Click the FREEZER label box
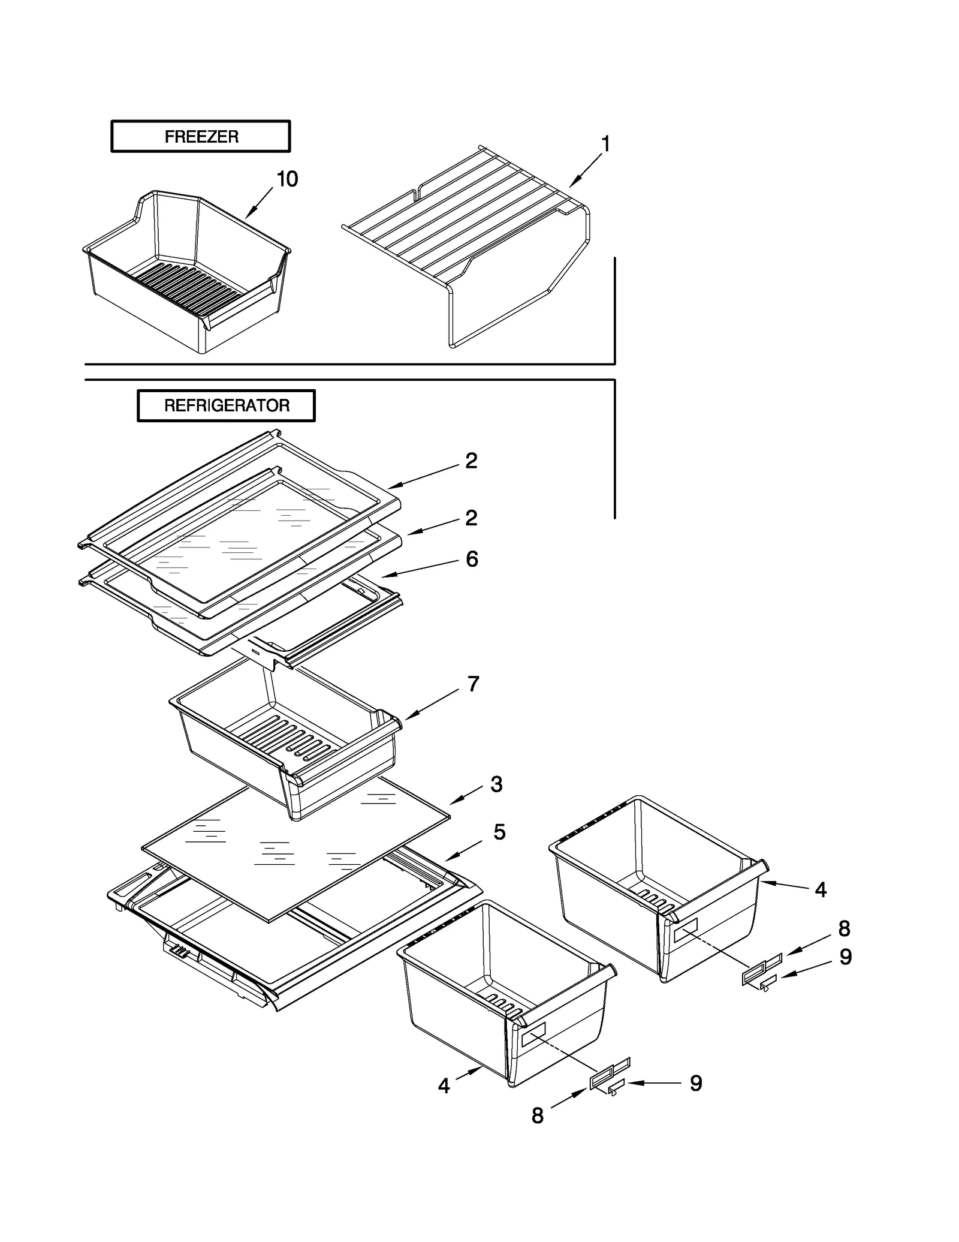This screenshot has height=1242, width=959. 200,137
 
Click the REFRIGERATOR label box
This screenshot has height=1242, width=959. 226,405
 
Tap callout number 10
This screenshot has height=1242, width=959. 287,179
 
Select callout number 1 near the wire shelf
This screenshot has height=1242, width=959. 605,144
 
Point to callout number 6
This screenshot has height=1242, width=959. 472,559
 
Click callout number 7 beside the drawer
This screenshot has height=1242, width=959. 473,684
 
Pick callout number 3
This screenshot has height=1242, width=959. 496,784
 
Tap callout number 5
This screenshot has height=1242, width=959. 499,832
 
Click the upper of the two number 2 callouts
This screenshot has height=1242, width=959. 472,461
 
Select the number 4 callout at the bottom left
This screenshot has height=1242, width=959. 444,1085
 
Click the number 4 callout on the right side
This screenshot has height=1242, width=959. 821,889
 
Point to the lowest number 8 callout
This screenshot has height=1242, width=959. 538,1115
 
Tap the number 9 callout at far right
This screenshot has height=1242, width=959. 845,957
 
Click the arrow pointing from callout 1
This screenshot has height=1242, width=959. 586,170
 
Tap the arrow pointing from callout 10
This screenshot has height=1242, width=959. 260,202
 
